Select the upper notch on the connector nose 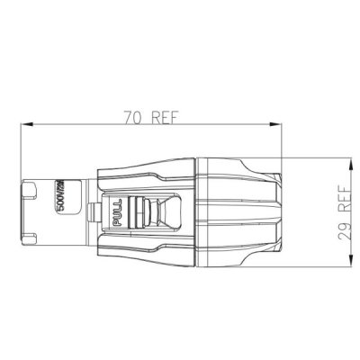(x=30, y=189)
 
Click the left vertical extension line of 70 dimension (x=21, y=153)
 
